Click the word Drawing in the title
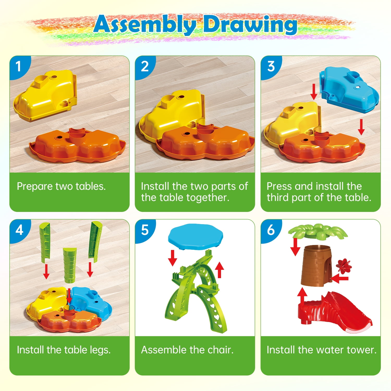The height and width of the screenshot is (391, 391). click(250, 25)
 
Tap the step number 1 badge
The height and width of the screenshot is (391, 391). click(18, 66)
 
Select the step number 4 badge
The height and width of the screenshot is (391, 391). click(19, 230)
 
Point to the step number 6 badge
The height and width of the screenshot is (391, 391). click(271, 230)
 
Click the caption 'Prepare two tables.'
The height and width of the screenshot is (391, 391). click(61, 187)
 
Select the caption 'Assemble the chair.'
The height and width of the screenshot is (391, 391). click(187, 350)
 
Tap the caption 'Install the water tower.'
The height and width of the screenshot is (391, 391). click(321, 350)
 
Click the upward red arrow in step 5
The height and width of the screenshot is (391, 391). click(220, 270)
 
